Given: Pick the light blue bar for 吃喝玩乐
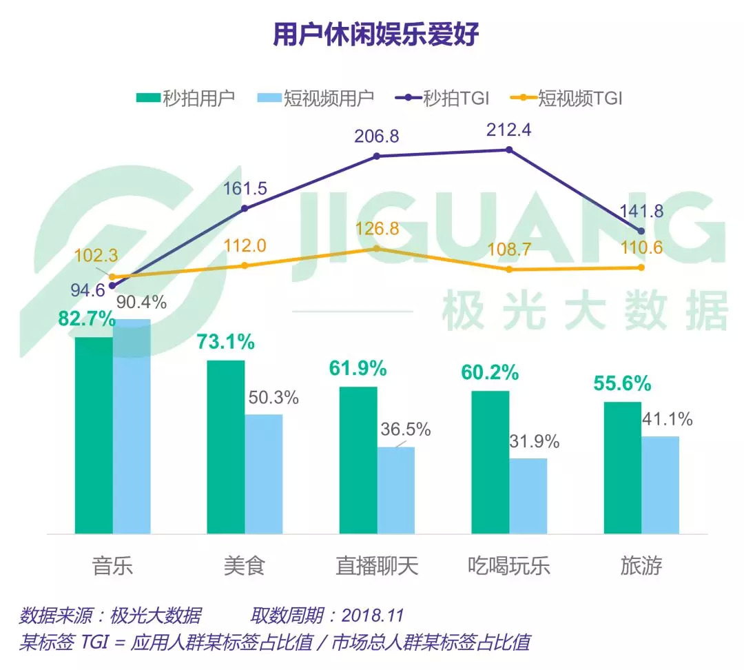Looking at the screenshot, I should [x=528, y=496].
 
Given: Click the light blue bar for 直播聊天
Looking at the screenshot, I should [x=396, y=490].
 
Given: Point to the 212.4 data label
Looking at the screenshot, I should [x=509, y=130].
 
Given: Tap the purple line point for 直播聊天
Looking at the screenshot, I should [x=377, y=156].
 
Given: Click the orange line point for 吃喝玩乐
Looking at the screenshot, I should [x=509, y=269].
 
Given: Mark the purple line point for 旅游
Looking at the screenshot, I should [x=641, y=230].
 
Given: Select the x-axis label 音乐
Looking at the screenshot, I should [x=112, y=567].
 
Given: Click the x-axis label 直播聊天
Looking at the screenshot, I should [x=377, y=567].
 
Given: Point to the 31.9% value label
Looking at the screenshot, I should [x=533, y=442].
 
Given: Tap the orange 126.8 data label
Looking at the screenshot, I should [x=377, y=229].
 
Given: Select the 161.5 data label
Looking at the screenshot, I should [x=245, y=189].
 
